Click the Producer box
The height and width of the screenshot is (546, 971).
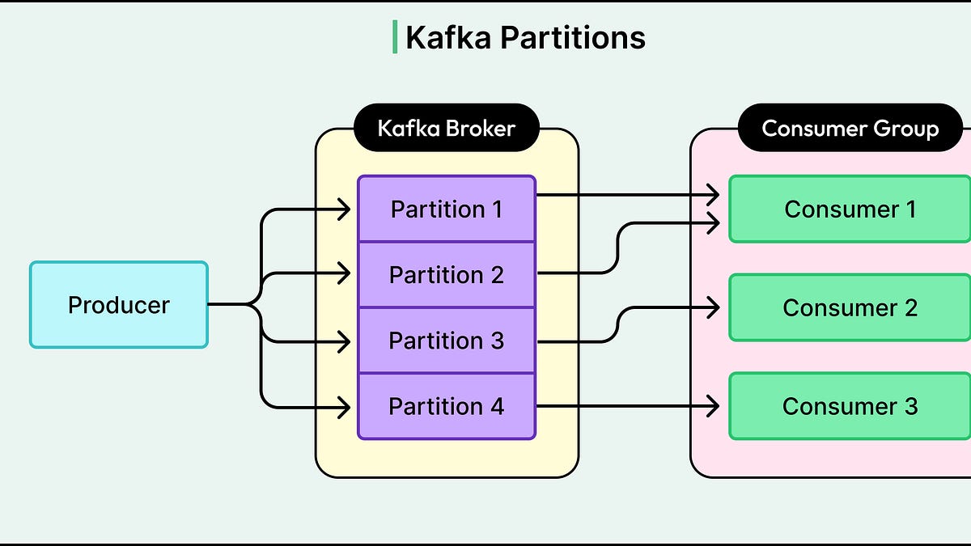(x=119, y=305)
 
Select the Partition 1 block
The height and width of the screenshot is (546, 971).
(x=447, y=209)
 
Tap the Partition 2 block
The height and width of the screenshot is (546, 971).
(x=447, y=275)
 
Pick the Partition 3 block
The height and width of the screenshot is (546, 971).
(x=447, y=341)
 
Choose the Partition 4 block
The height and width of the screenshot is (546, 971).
(x=447, y=406)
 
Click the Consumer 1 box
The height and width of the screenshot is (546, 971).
(x=850, y=209)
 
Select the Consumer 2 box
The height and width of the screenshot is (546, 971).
(x=850, y=307)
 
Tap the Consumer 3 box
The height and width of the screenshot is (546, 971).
(x=850, y=406)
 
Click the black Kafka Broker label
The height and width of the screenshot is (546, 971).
(x=447, y=128)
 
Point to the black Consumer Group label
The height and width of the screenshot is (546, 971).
(x=850, y=128)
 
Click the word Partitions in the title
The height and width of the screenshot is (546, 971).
(x=573, y=38)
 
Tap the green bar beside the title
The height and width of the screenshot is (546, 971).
(x=395, y=37)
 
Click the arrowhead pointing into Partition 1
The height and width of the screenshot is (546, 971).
(x=345, y=210)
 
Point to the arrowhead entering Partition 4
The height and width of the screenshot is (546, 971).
(x=345, y=408)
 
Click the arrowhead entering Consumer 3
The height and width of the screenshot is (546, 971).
(x=714, y=406)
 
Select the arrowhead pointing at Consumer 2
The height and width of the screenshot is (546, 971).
(x=714, y=307)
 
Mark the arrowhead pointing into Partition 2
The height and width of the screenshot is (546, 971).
(x=345, y=273)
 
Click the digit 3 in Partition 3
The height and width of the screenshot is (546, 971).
(x=497, y=341)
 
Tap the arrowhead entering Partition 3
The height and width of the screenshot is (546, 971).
(x=345, y=342)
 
